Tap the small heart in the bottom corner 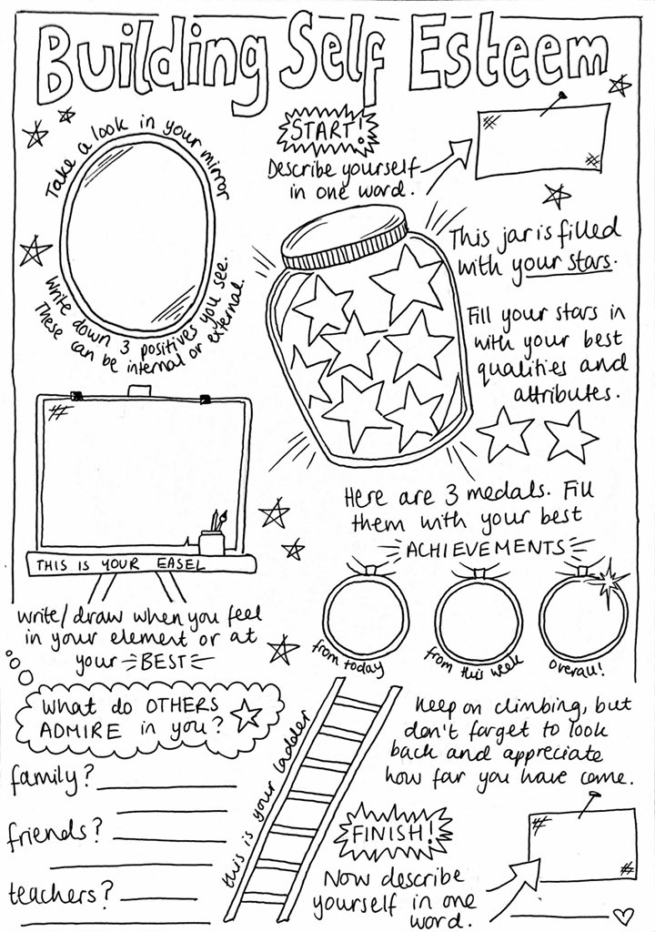click(622, 913)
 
